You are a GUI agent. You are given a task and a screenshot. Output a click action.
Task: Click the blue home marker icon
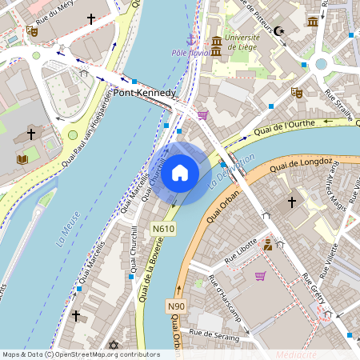click(180, 173)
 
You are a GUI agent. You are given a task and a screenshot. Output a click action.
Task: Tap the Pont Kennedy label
click(144, 93)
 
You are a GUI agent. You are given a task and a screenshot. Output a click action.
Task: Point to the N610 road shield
click(163, 229)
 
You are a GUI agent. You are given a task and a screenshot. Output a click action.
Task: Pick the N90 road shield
click(176, 306)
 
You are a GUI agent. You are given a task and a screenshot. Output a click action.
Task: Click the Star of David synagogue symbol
click(113, 345)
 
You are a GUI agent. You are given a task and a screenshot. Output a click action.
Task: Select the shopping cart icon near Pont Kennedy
click(203, 114)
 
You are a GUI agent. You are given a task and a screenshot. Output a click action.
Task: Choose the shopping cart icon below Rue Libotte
click(260, 276)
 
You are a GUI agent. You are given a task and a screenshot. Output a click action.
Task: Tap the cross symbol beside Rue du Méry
click(90, 18)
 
